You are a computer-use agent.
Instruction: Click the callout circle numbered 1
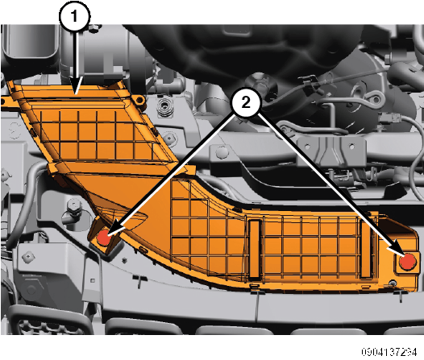point(74,15)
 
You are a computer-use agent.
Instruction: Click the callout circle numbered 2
point(246,102)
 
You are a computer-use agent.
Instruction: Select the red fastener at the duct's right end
point(409,262)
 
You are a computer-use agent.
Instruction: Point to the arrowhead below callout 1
point(77,85)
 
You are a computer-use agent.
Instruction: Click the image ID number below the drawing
point(389,352)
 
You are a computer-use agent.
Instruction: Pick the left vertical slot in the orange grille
point(255,249)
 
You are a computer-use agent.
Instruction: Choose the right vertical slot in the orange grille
point(366,248)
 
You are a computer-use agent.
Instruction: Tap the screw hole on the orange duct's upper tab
point(139,101)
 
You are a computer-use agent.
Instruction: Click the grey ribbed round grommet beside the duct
point(164,107)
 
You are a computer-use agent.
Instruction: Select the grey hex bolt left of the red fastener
point(73,209)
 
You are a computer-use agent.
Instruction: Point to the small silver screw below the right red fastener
point(392,283)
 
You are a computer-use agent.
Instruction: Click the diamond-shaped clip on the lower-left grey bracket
point(28,256)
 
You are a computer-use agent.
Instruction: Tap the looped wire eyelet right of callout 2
point(376,98)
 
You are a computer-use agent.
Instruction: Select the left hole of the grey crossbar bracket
point(307,147)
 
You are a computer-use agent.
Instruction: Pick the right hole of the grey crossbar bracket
point(351,147)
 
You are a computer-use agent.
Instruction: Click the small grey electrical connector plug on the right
point(389,119)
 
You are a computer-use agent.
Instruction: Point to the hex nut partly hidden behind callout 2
point(258,81)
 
